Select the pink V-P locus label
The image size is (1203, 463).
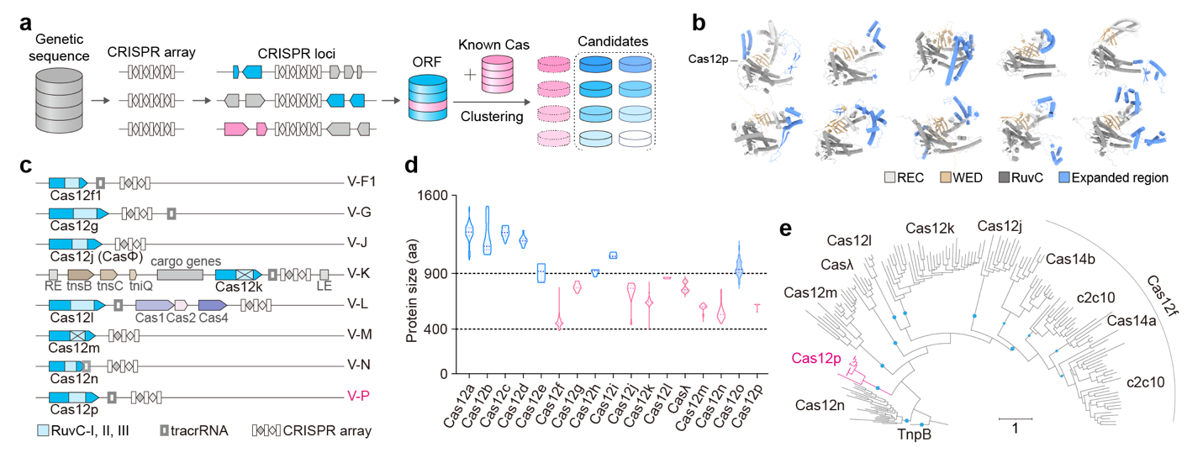click(x=360, y=396)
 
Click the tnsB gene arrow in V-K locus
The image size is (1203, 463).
click(x=80, y=274)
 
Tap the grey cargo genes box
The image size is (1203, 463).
click(x=179, y=274)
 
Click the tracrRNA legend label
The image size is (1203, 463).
click(x=203, y=431)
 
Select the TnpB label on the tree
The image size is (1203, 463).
click(x=915, y=437)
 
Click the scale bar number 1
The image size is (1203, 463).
click(x=1016, y=429)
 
